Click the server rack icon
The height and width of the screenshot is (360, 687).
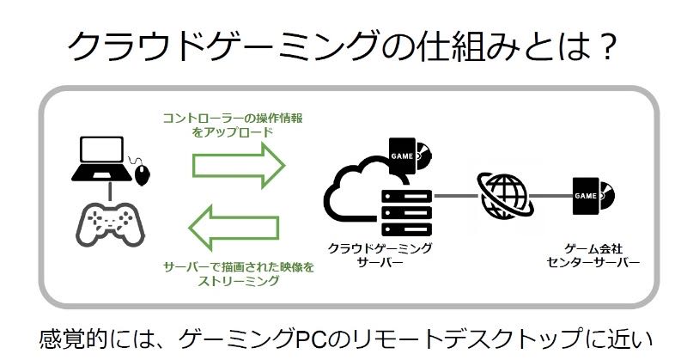pos(404,210)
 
